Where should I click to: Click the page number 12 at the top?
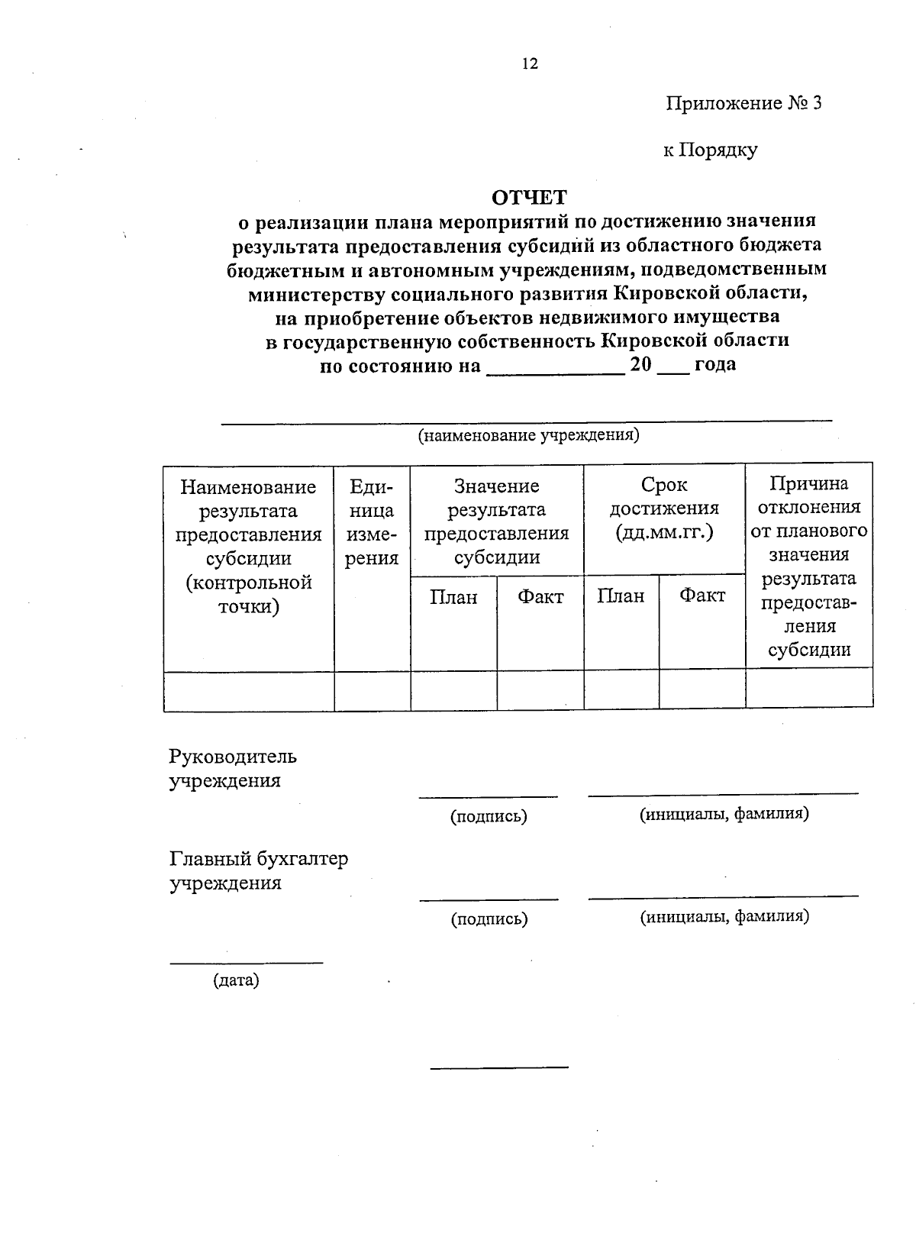click(530, 64)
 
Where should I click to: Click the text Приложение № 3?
click(743, 104)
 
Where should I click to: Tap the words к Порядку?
click(709, 150)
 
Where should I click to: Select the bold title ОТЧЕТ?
click(529, 198)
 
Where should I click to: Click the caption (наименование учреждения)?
click(527, 436)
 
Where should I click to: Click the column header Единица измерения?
click(372, 522)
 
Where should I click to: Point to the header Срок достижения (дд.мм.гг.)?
click(664, 508)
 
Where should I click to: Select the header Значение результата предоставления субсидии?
click(497, 522)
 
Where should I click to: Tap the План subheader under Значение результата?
click(453, 597)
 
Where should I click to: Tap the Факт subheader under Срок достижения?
click(702, 596)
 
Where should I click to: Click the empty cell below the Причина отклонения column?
click(809, 689)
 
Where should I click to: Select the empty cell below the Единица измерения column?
click(372, 691)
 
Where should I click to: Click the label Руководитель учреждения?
click(232, 769)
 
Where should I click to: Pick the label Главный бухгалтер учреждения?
click(258, 871)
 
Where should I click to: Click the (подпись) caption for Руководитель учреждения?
click(489, 817)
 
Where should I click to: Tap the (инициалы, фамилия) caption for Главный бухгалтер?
click(724, 916)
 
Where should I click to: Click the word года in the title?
click(715, 365)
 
